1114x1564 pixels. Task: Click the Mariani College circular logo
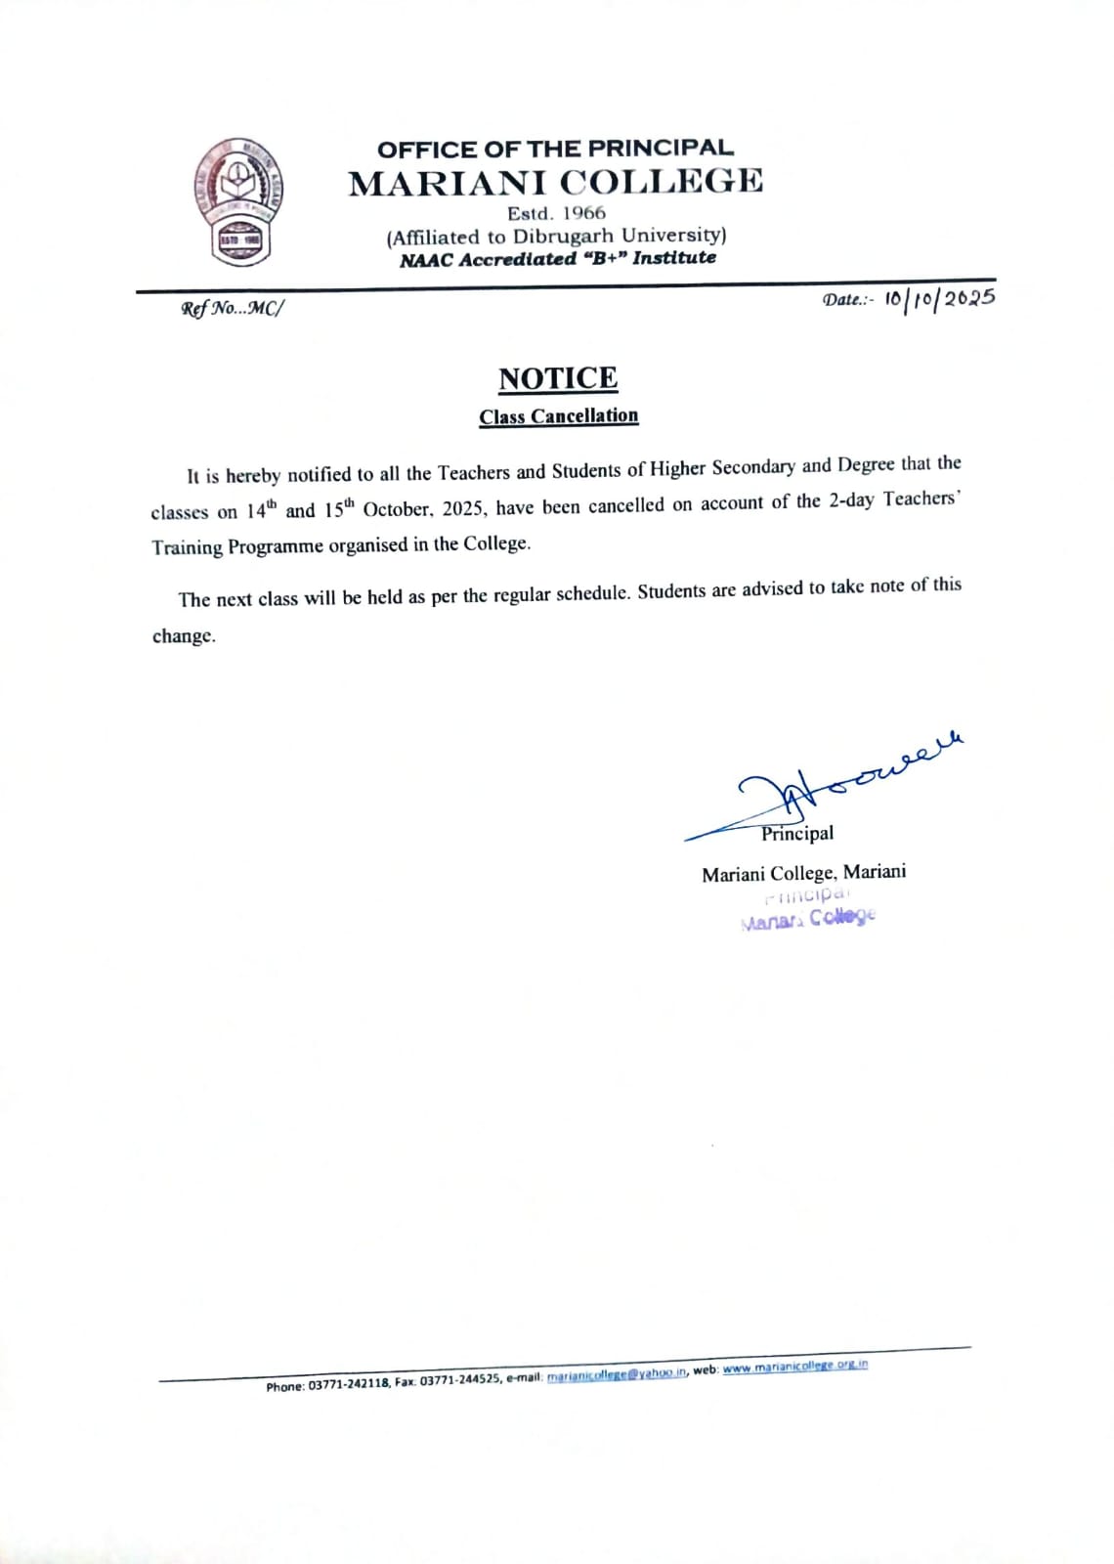[236, 201]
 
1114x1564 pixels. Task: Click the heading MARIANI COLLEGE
[556, 182]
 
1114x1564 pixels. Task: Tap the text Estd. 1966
[556, 213]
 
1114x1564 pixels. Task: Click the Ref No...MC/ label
[232, 309]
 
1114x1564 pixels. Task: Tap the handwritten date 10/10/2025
[939, 297]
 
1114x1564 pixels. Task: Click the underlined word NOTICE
[558, 378]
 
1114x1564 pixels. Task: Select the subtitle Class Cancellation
[558, 416]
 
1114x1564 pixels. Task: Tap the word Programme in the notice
[276, 546]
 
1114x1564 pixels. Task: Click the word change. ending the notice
[184, 636]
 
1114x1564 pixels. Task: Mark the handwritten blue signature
[831, 782]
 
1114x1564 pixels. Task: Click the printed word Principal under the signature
[797, 834]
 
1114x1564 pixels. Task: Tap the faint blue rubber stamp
[809, 908]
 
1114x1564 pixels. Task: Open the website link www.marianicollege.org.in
[795, 1367]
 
